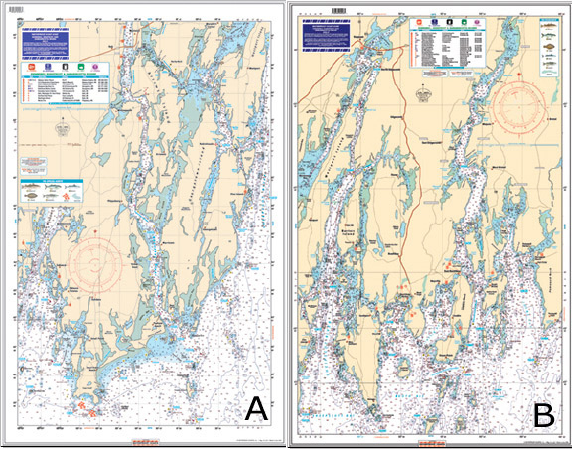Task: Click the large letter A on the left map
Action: pos(255,407)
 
